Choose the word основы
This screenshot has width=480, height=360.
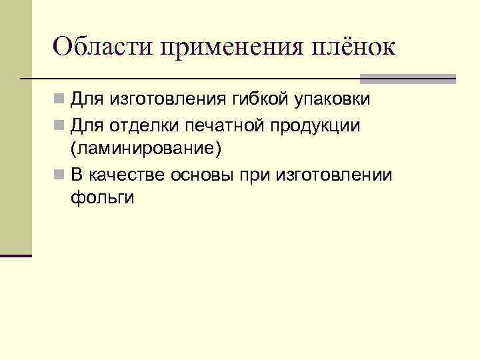[x=201, y=175]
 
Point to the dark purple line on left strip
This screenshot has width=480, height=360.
[x=16, y=255]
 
